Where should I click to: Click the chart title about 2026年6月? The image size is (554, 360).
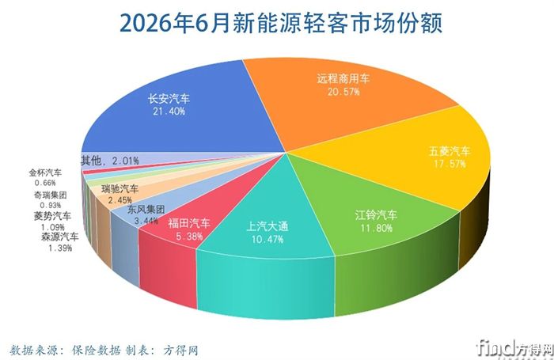(281, 23)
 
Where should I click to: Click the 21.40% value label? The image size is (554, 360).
(169, 112)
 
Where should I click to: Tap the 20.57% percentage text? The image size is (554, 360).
(343, 92)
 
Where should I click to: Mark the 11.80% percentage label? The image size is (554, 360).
(376, 228)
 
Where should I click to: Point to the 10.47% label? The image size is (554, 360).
(268, 240)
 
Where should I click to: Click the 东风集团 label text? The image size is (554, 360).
(146, 210)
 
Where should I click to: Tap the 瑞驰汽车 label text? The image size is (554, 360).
(120, 189)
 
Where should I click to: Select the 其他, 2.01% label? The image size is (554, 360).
(110, 161)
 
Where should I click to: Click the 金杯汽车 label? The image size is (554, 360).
(45, 172)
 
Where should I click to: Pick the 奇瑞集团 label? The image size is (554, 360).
(50, 195)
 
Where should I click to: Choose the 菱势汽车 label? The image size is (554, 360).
(52, 216)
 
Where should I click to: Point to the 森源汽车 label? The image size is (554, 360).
(59, 237)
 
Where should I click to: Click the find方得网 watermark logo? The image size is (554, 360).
(514, 349)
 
